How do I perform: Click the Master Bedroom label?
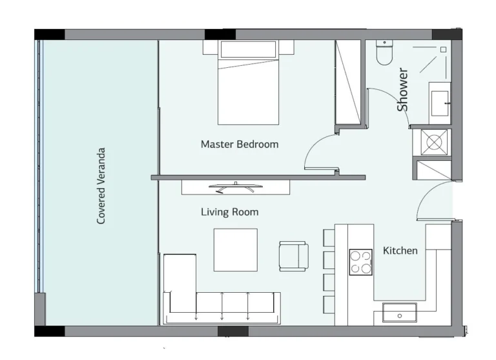[239, 144]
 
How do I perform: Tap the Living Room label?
[229, 212]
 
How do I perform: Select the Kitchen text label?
[400, 250]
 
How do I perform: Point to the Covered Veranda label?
[101, 186]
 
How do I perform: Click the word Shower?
[402, 89]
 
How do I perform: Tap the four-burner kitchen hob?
[360, 262]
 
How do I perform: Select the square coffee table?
[236, 249]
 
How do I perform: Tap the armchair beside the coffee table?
[293, 256]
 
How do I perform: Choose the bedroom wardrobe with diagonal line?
[347, 82]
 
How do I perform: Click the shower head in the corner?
[443, 49]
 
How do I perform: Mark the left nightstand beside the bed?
[211, 47]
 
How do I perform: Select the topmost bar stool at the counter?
[328, 237]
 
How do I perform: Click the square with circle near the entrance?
[433, 142]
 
